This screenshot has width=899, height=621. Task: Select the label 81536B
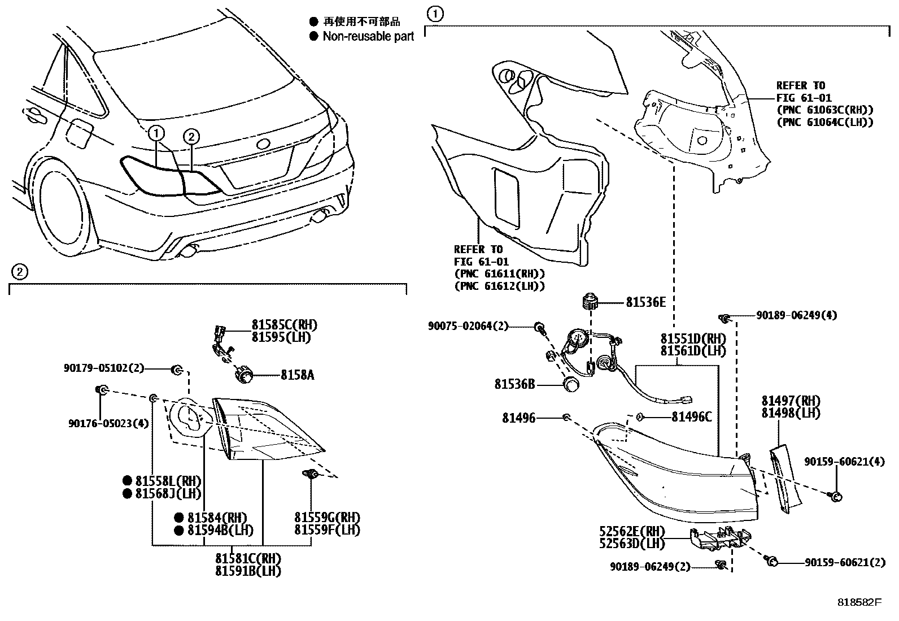[x=514, y=384]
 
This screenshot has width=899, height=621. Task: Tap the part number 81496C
[x=691, y=418]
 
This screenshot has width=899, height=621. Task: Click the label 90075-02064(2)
[x=468, y=326]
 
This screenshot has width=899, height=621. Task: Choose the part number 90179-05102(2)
[x=103, y=368]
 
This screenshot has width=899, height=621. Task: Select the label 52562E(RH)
[x=632, y=532]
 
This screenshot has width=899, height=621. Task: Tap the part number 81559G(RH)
[x=327, y=518]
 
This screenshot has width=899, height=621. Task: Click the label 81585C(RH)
[x=284, y=325]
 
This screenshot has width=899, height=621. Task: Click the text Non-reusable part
[x=368, y=37]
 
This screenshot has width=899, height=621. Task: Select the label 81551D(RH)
[x=693, y=338]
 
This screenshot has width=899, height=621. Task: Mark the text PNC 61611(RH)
[x=500, y=274]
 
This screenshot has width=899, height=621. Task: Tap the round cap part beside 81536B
[x=572, y=385]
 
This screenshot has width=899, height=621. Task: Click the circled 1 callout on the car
[x=156, y=134]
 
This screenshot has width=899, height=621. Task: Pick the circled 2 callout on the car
[x=191, y=136]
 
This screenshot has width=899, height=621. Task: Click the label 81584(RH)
[x=217, y=518]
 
